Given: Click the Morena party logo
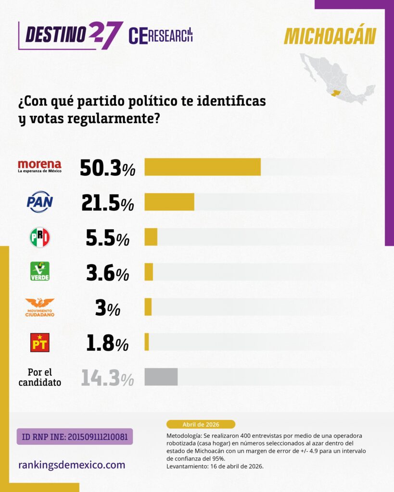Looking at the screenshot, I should point(39,166).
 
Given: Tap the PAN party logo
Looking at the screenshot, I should point(39,202).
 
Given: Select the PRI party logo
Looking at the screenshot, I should point(39,237).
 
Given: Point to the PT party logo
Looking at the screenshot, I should point(39,343).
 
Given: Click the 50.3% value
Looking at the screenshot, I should point(107,167).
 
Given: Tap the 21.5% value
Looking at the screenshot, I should point(107,202).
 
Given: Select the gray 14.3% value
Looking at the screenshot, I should point(107,378).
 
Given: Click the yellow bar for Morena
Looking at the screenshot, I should point(203,167).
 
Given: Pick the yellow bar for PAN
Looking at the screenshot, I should point(169,202).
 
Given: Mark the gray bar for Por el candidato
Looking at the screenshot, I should point(161,377).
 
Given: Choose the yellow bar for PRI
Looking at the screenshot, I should point(151,237).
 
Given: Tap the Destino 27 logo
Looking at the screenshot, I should point(70,35).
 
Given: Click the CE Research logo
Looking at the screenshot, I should point(161,36).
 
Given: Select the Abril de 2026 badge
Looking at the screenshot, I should point(201,424).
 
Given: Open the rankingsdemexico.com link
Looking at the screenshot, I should point(72,465).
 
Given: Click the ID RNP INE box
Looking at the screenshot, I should point(75,437).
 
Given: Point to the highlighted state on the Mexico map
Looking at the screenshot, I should point(335,92).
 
